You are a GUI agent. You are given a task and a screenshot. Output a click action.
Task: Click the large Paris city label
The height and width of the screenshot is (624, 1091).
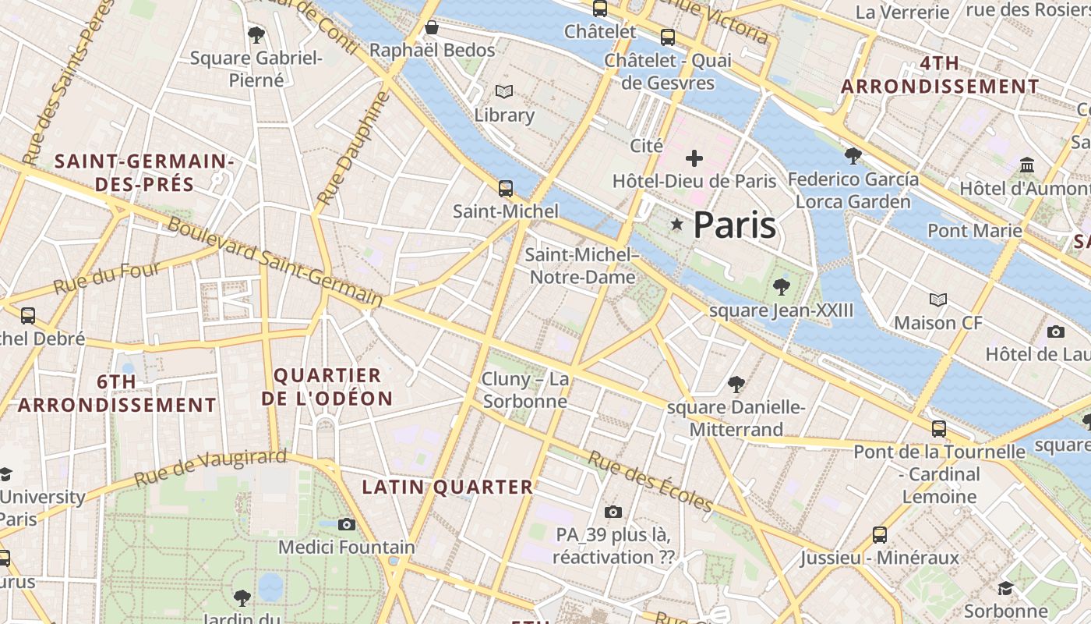click(x=734, y=225)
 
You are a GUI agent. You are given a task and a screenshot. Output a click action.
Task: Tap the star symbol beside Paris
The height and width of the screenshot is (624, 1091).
click(x=677, y=225)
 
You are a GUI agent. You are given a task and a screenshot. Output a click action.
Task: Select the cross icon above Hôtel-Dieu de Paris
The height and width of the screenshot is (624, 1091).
click(x=694, y=159)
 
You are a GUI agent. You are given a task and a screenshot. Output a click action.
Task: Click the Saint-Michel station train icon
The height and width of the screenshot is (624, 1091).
click(x=506, y=188)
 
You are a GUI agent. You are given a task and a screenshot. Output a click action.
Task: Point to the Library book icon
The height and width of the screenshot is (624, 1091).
click(x=504, y=92)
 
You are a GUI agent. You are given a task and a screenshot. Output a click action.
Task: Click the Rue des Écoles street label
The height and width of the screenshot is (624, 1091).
click(x=649, y=481)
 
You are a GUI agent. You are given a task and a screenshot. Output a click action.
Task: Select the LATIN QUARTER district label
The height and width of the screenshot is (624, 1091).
click(x=447, y=487)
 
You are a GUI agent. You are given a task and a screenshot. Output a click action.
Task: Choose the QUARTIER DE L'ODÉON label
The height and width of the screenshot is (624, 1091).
click(x=327, y=387)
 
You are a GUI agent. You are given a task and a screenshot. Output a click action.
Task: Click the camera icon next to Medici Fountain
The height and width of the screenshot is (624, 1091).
click(x=347, y=524)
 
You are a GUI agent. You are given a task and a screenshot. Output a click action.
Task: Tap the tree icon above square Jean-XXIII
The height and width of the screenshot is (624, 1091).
click(x=781, y=287)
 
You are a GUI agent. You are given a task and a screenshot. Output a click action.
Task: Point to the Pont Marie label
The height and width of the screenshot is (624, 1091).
click(x=974, y=230)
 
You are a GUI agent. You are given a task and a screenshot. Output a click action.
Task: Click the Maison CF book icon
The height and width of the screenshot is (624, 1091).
click(x=938, y=300)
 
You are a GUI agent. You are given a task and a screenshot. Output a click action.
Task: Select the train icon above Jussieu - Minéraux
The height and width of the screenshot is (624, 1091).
click(x=880, y=534)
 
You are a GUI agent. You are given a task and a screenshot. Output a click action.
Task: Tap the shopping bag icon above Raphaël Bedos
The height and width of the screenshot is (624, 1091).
click(x=432, y=28)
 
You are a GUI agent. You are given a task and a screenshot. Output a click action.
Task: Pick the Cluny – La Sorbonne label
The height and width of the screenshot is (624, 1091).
click(x=525, y=390)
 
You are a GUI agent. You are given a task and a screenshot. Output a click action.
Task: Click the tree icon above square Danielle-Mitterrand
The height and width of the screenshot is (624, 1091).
click(x=736, y=384)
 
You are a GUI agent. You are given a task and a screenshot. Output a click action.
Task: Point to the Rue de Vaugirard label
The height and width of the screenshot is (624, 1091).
click(x=210, y=467)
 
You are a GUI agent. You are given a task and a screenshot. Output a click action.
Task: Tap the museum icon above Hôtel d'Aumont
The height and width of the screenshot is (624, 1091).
click(x=1027, y=165)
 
